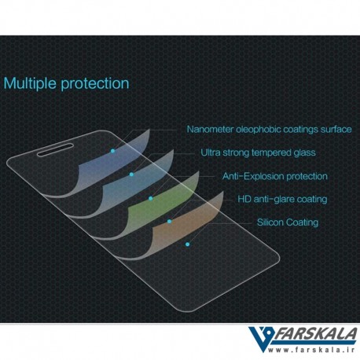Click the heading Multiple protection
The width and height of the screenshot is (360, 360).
(x=66, y=83)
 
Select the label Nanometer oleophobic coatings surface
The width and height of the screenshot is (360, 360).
(x=269, y=129)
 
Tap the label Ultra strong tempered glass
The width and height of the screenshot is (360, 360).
(x=258, y=152)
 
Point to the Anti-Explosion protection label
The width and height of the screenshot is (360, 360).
(x=275, y=176)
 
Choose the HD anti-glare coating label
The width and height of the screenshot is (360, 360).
(x=282, y=199)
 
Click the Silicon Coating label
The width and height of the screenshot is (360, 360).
(x=288, y=222)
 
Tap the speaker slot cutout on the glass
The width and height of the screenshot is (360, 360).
(x=55, y=149)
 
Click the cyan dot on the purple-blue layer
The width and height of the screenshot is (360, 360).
(x=112, y=151)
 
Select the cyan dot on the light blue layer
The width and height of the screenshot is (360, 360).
(x=131, y=174)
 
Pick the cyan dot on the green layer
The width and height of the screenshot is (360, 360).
(x=150, y=198)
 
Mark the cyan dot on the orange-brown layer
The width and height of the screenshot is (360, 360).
(x=169, y=222)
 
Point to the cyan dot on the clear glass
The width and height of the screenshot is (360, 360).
(x=187, y=244)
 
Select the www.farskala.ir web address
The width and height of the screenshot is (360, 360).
(x=311, y=350)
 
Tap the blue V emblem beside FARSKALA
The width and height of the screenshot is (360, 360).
(x=262, y=339)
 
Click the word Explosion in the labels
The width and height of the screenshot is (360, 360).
(x=263, y=176)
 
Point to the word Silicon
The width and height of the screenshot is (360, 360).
(x=270, y=222)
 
